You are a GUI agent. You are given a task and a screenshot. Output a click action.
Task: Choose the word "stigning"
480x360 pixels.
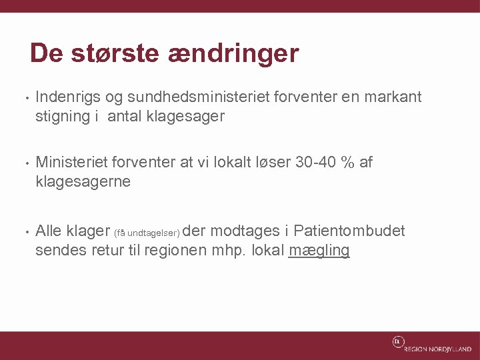click(62, 117)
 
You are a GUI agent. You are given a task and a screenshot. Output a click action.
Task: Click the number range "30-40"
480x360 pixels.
click(313, 163)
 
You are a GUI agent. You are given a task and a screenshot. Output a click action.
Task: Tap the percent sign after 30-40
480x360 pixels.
click(347, 163)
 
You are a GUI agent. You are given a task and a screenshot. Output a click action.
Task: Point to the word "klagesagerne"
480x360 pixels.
click(83, 182)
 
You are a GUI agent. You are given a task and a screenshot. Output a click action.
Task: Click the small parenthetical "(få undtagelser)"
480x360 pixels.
click(147, 233)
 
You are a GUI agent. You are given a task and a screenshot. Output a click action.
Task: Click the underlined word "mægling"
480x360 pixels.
click(319, 251)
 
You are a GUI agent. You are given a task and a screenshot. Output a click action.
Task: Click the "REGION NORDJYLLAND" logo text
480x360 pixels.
click(437, 349)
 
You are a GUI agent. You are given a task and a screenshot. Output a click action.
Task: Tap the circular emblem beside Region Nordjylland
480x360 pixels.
click(397, 342)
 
